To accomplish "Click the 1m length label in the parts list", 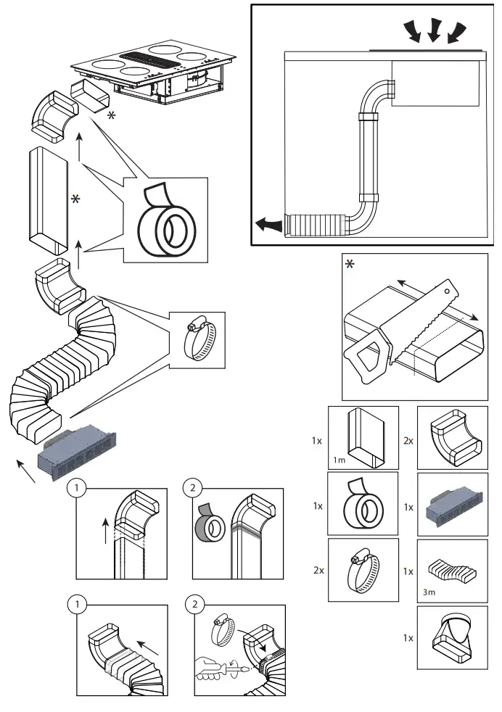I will click(x=340, y=460).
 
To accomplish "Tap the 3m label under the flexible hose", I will click(x=430, y=592).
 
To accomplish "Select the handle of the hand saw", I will click(x=367, y=353).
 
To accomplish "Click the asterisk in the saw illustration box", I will click(x=350, y=265).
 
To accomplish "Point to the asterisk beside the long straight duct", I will click(x=75, y=199).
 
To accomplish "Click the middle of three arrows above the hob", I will click(x=434, y=30).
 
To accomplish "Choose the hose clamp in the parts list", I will click(x=363, y=571).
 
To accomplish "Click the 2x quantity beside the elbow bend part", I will click(x=408, y=440).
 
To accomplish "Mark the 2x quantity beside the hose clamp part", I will click(x=318, y=571).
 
